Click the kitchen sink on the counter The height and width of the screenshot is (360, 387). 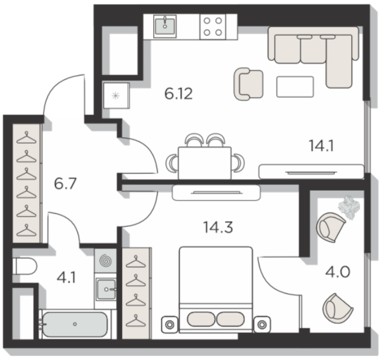pos(165,26)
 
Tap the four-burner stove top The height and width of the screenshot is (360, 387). pos(213,27)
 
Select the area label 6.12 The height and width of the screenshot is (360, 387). pos(179,94)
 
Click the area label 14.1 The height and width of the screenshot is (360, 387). pos(321,146)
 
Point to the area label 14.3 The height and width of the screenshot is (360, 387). pos(218,227)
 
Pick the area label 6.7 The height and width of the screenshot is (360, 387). pos(65,184)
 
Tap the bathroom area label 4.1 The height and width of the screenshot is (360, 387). pos(66,278)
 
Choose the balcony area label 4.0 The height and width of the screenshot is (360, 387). pos(338,272)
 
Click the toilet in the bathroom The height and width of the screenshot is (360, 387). pos(24,266)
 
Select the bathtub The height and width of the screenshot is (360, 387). pos(75,324)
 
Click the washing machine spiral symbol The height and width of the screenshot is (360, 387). pos(106,260)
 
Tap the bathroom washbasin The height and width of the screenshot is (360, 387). pos(106,289)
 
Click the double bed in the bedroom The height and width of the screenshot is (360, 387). pos(216,289)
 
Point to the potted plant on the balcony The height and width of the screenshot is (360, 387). pos(349,207)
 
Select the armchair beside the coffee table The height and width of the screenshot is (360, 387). pos(248,84)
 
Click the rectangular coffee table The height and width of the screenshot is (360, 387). pos(295,87)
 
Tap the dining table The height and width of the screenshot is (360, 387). pos(205,163)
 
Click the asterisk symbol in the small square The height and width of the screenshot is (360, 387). pos(115,96)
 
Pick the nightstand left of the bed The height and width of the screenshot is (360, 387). pos(169,324)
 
